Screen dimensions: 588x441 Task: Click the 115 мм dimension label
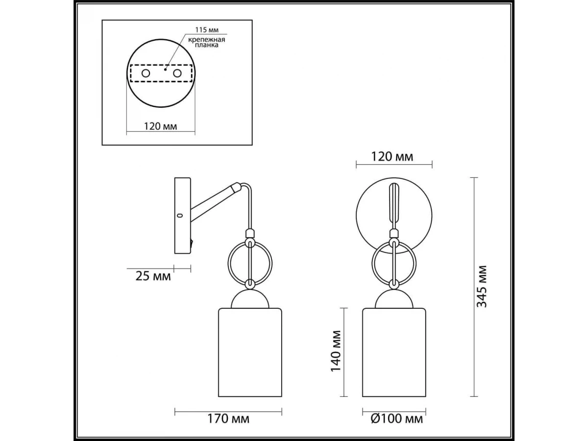[x=207, y=30]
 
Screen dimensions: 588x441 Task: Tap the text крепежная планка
[x=207, y=42]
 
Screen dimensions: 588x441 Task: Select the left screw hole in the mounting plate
[x=146, y=73]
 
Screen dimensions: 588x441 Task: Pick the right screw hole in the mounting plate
[x=177, y=73]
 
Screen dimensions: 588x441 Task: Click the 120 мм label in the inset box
[x=160, y=126]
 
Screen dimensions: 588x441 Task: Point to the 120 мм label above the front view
[x=392, y=157]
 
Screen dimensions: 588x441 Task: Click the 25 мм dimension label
[x=153, y=276]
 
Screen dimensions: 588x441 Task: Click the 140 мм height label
[x=336, y=351]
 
